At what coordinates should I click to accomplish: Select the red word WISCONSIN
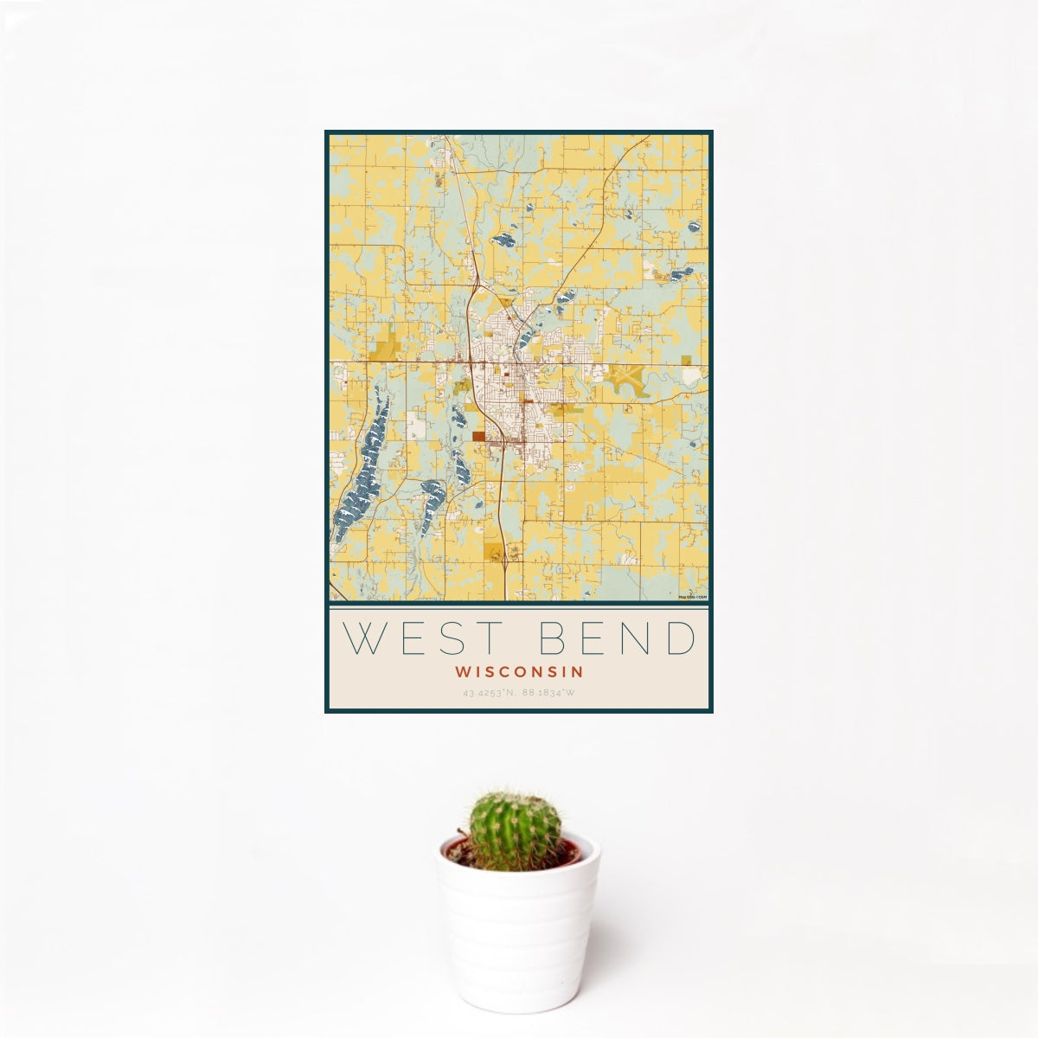click(x=519, y=671)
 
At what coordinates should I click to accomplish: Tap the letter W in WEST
click(x=363, y=638)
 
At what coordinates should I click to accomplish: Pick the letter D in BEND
click(x=681, y=638)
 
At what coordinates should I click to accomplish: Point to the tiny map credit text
click(x=692, y=597)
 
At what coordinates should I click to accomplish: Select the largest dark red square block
click(x=479, y=437)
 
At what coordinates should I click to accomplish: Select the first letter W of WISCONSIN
click(x=461, y=671)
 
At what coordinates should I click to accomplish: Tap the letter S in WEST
click(x=453, y=638)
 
